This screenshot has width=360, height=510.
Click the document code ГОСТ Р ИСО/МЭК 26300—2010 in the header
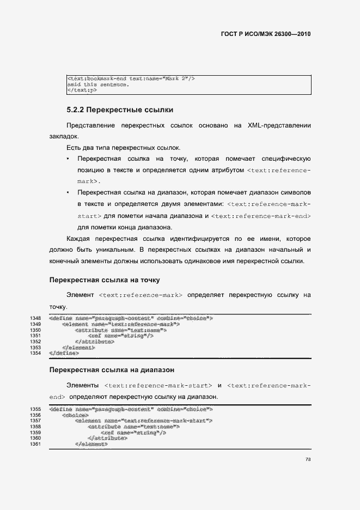pos(266,33)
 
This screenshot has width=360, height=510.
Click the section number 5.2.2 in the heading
pos(75,110)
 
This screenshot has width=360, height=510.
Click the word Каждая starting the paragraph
pos(79,239)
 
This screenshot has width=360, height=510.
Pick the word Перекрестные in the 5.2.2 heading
pos(117,110)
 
